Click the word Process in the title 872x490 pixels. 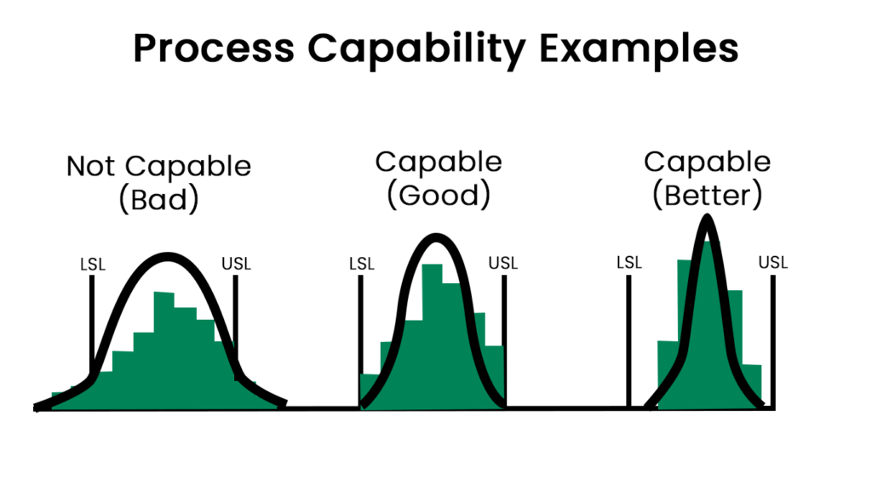pyautogui.click(x=214, y=49)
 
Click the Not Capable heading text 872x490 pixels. pyautogui.click(x=158, y=165)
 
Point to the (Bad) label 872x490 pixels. pyautogui.click(x=159, y=200)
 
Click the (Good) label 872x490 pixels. pyautogui.click(x=439, y=196)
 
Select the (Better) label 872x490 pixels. pyautogui.click(x=707, y=196)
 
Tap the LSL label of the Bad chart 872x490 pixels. pyautogui.click(x=91, y=264)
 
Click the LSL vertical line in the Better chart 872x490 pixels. pyautogui.click(x=629, y=340)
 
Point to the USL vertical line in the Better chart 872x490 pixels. pyautogui.click(x=773, y=340)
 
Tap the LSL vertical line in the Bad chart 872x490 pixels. pyautogui.click(x=91, y=323)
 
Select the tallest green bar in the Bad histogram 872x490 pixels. pyautogui.click(x=164, y=349)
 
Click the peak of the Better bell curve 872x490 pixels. pyautogui.click(x=707, y=219)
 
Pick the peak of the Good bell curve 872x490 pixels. pyautogui.click(x=435, y=237)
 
